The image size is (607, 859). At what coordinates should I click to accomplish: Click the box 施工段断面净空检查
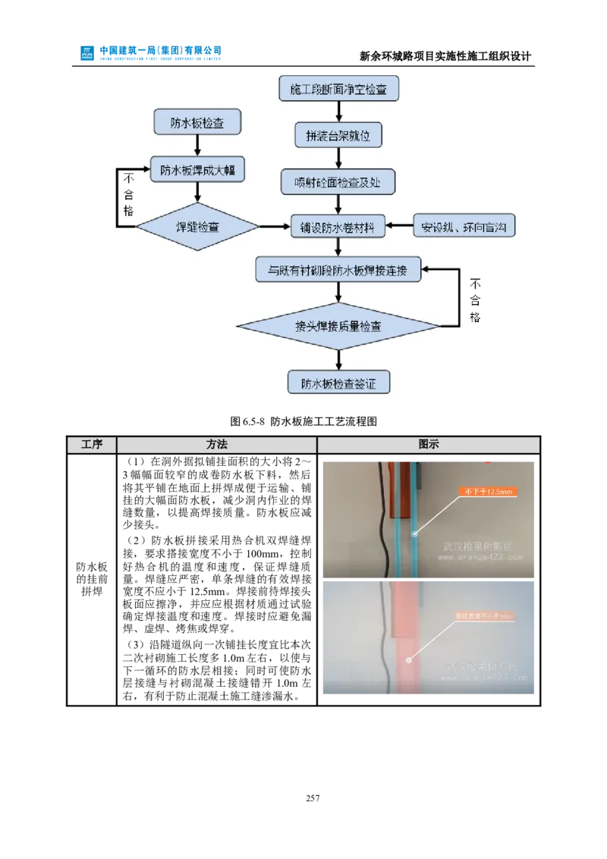338,89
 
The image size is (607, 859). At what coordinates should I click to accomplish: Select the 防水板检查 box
197,122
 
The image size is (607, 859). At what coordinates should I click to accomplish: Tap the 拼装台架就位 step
338,136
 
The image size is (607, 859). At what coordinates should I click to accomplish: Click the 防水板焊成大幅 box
197,170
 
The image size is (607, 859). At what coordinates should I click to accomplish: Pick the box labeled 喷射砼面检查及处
338,182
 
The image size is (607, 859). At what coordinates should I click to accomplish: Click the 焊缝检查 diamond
197,225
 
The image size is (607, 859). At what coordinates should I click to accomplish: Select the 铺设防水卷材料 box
338,225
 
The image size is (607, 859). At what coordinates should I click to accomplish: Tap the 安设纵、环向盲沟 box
464,225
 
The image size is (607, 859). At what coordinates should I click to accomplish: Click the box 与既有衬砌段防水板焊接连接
338,269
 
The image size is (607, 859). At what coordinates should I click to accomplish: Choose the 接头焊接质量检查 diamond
338,326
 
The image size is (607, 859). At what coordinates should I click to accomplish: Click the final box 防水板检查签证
338,382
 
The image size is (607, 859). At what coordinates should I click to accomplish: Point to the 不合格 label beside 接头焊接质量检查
475,300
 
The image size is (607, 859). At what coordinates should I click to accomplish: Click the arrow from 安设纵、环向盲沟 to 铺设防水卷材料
399,225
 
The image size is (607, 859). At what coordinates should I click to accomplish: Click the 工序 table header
92,445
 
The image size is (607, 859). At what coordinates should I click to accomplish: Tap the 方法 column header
217,445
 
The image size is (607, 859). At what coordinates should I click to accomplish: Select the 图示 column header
429,445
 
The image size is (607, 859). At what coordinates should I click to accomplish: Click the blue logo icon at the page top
88,52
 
